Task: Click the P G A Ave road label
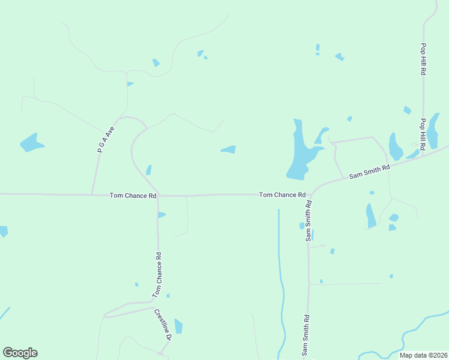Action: (x=106, y=136)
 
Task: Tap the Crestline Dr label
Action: (x=163, y=325)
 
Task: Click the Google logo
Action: (x=20, y=353)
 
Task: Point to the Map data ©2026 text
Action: (x=423, y=355)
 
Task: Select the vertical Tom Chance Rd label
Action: (x=157, y=275)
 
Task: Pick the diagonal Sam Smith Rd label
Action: (x=370, y=171)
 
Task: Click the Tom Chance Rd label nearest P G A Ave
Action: (x=133, y=196)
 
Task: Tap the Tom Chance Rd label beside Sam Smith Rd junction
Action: (x=282, y=195)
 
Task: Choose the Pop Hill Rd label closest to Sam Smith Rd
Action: (x=423, y=133)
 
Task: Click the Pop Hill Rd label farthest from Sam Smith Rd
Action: (x=423, y=59)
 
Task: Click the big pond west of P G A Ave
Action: (x=31, y=143)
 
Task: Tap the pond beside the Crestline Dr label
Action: (x=178, y=326)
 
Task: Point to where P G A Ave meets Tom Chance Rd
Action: (x=91, y=194)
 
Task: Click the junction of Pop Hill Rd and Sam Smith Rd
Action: (x=423, y=155)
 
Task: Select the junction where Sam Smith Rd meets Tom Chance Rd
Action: (x=310, y=196)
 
